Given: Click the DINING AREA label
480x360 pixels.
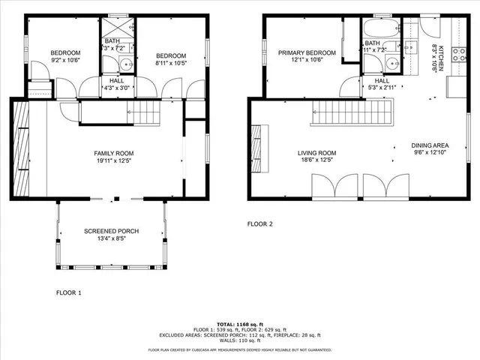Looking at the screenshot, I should [430, 145].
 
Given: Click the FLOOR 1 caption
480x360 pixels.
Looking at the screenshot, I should [69, 292].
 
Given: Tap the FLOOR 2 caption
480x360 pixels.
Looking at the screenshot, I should [260, 223].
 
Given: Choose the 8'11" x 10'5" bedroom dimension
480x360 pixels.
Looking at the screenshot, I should [172, 62].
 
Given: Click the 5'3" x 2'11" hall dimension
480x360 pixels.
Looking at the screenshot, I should [382, 88].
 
